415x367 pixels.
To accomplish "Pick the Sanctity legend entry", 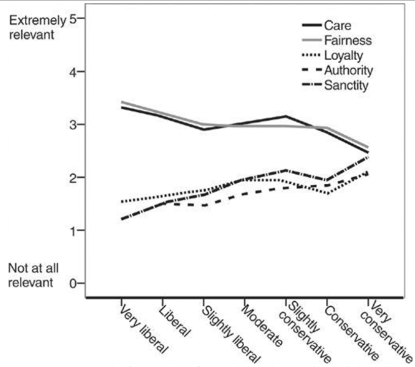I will tap(347, 85).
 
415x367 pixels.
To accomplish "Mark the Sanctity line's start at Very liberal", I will tap(122, 219).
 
